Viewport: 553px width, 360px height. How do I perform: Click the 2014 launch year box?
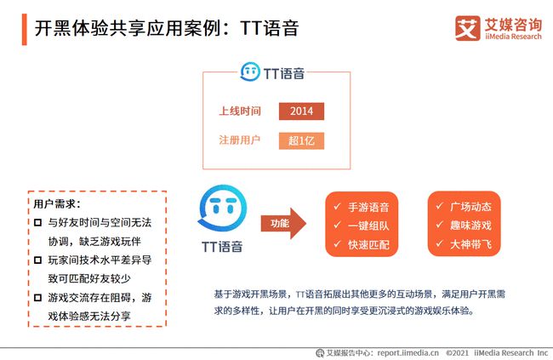(x=301, y=111)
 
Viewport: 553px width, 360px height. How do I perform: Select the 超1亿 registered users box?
(x=301, y=140)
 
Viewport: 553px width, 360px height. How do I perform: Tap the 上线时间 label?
(x=240, y=111)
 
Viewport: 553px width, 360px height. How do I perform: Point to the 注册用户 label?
(x=239, y=140)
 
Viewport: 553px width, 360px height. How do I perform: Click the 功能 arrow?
(x=283, y=223)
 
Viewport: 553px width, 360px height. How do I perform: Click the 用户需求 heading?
(x=57, y=204)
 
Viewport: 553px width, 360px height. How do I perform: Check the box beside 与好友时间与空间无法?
(x=37, y=223)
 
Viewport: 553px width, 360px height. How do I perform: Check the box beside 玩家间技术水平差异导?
(x=37, y=260)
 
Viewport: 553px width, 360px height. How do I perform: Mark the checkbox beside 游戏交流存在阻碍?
(x=37, y=298)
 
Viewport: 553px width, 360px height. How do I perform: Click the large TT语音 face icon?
(x=223, y=208)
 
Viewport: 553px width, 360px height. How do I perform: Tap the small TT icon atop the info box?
(x=250, y=71)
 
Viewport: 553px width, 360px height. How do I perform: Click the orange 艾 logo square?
(x=468, y=28)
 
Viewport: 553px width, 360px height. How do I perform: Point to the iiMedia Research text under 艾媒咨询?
(x=513, y=37)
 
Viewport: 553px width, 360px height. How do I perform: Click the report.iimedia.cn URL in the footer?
(x=408, y=352)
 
